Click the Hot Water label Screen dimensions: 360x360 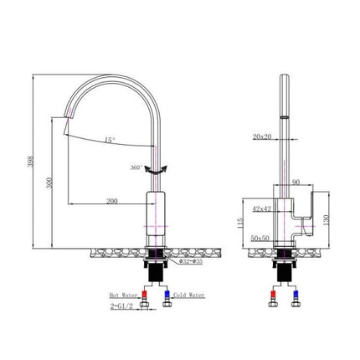click(x=124, y=296)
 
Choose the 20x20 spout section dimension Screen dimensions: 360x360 click(x=262, y=136)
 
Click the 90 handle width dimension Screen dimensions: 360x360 click(x=296, y=180)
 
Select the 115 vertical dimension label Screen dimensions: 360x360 click(x=241, y=222)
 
